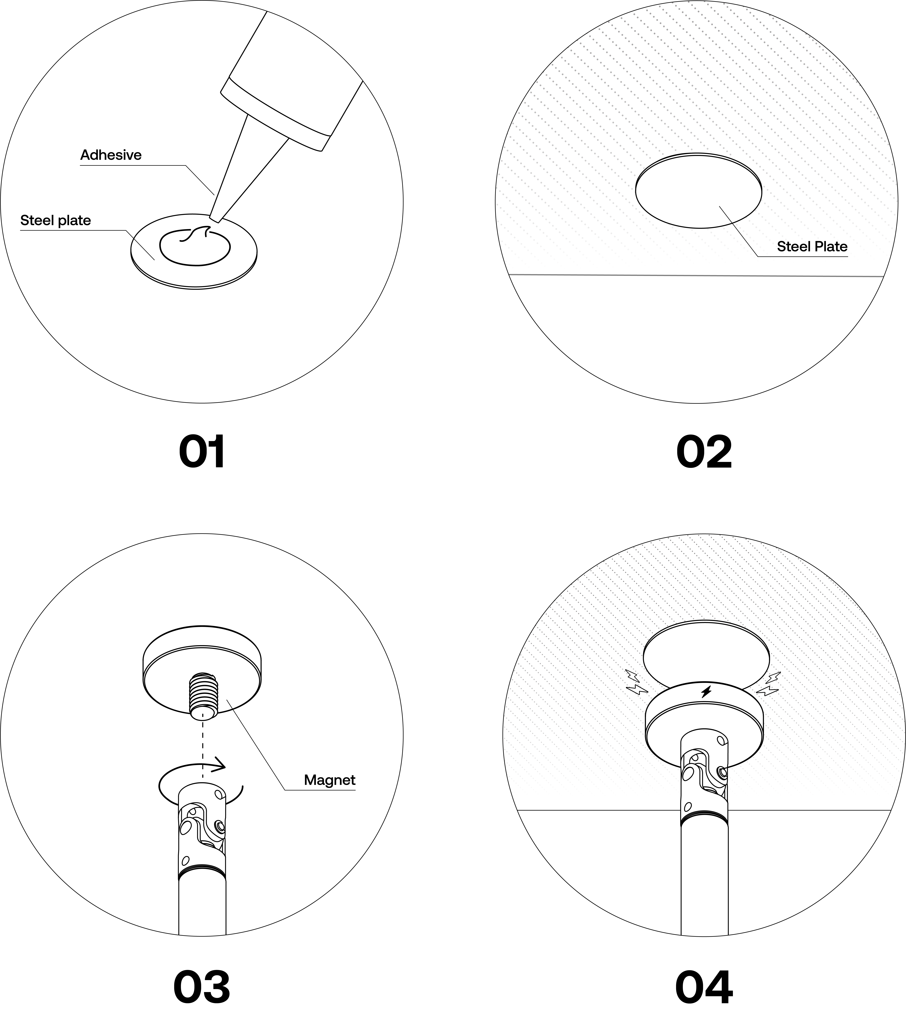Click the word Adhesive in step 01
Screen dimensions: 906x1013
(111, 155)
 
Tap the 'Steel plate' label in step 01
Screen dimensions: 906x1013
(56, 220)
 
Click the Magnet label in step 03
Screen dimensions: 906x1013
(330, 780)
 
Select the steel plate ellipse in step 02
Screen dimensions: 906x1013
(698, 191)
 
